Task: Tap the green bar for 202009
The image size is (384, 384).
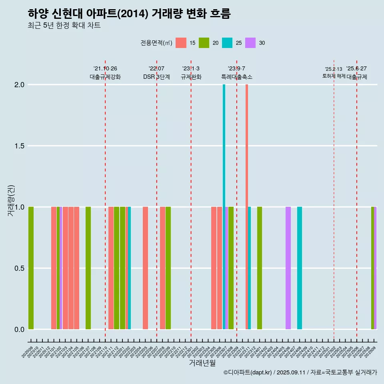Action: pos(31,268)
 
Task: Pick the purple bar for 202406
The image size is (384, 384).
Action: pos(288,268)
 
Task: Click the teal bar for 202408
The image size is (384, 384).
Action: pos(300,268)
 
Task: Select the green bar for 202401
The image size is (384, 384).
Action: pos(260,268)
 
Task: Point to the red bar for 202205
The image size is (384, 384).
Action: pos(145,268)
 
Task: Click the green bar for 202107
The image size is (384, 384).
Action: pos(88,268)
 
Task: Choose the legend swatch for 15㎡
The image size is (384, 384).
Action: pos(181,43)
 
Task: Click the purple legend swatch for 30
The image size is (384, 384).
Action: pos(250,43)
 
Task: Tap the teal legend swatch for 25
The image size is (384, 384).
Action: pos(227,43)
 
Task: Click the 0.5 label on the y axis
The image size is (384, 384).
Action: pos(19,268)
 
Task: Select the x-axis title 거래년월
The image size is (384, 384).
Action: pos(202,363)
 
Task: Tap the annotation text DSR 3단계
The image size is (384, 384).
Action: pos(156,77)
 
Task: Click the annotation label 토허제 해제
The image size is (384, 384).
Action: pos(334,76)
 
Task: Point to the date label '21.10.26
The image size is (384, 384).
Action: pos(105,69)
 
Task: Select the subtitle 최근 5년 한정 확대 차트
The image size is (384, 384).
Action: pos(64,26)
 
